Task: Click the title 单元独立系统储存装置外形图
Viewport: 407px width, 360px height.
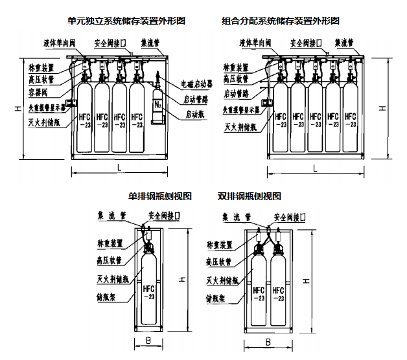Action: [127, 21]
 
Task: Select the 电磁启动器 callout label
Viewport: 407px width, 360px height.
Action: [196, 84]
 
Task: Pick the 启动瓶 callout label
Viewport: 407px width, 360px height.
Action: [194, 114]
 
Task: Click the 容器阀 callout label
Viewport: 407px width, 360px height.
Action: [40, 91]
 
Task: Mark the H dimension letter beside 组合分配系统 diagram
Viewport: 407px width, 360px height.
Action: [382, 108]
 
